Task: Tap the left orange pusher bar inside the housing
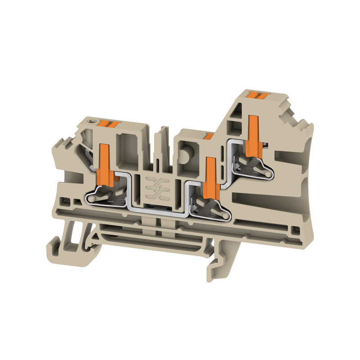[x=105, y=165]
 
